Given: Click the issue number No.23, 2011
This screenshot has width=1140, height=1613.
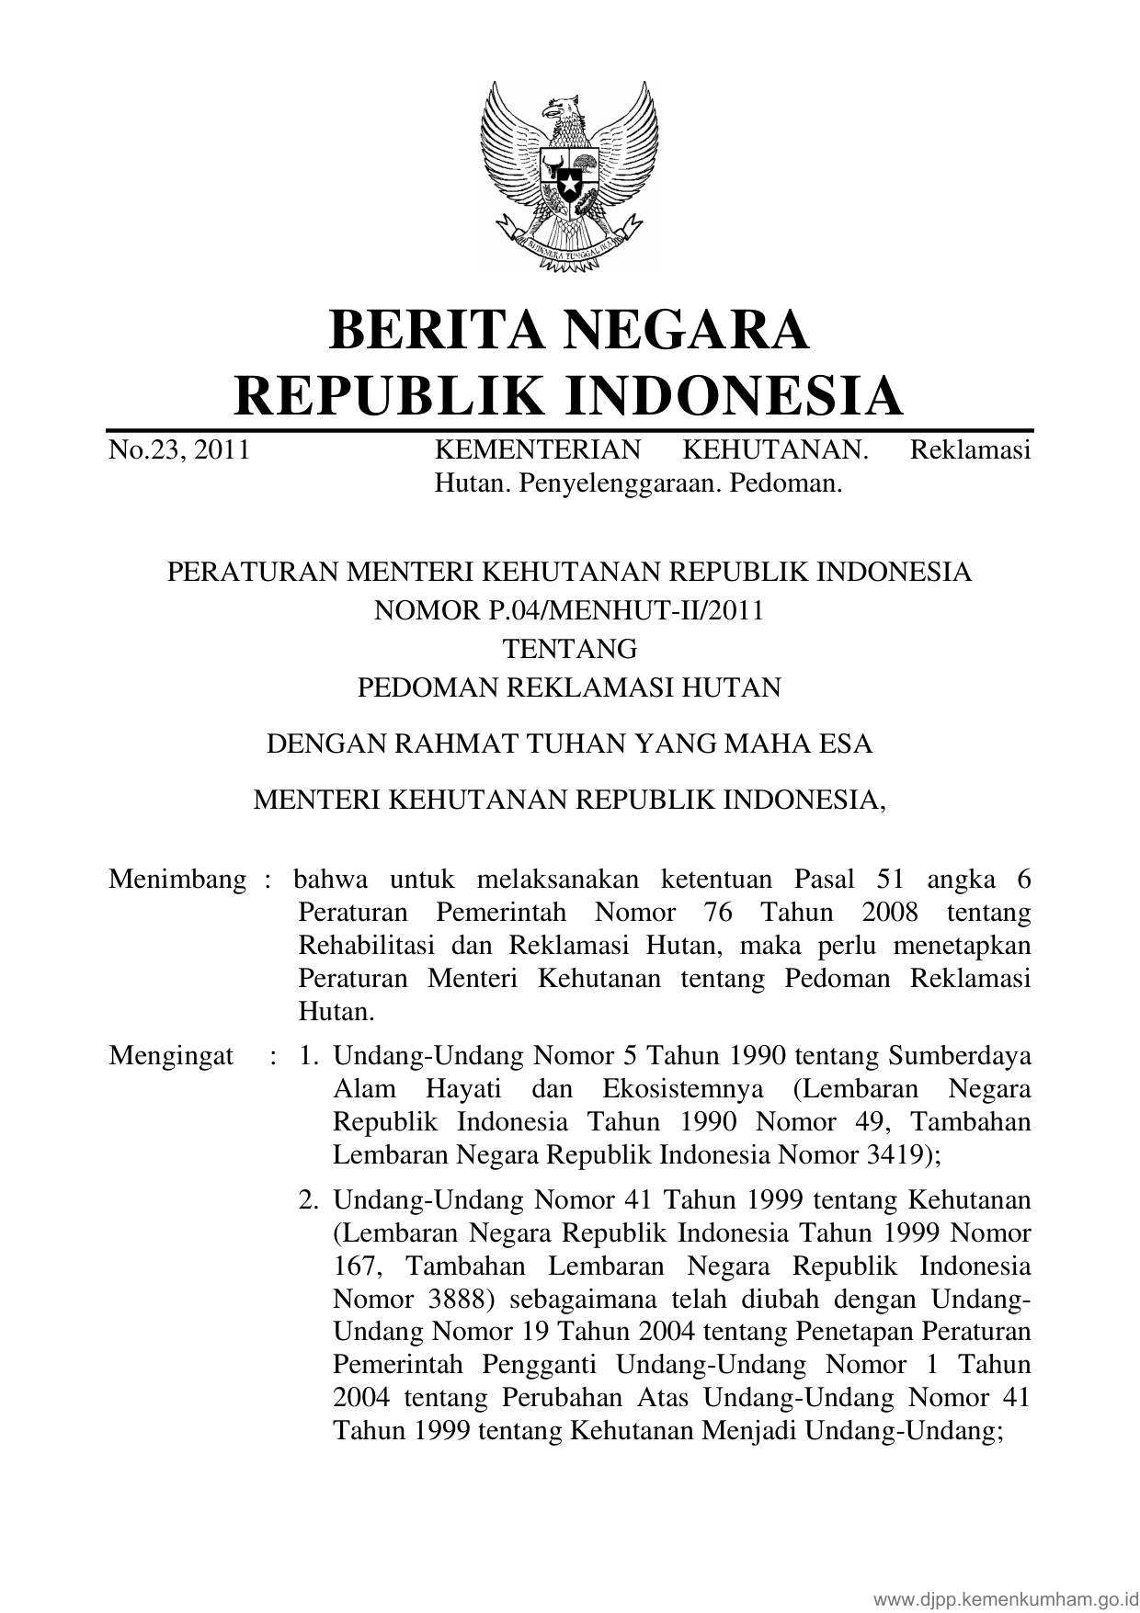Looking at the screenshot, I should pos(179,450).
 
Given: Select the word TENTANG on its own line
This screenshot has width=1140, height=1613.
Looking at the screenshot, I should pos(569,649).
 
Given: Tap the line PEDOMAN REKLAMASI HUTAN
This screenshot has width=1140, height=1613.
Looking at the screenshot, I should pos(569,687).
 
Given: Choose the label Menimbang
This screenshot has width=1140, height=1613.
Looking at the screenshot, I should pos(177,880).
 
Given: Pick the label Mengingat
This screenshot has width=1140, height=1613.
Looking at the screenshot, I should pos(171,1056).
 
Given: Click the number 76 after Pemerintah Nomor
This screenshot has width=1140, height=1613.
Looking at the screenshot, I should pos(712,913).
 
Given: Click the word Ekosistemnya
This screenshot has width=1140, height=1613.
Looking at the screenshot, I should pos(683,1089).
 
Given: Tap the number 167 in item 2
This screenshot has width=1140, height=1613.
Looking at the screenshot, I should pos(356,1267).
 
